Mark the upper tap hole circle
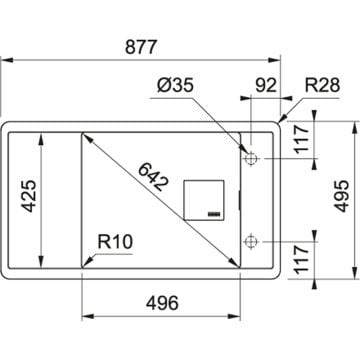pyautogui.click(x=252, y=159)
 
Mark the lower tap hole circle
pyautogui.click(x=252, y=240)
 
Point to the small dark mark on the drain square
pyautogui.click(x=213, y=213)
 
